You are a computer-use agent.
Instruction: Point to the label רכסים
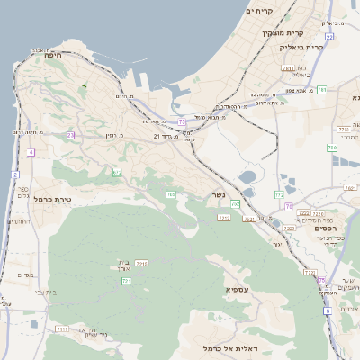click(325, 229)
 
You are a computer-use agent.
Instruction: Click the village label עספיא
click(238, 292)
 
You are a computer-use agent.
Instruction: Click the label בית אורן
click(123, 265)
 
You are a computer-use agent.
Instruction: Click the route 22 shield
click(330, 37)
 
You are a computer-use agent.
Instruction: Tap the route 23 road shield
click(71, 135)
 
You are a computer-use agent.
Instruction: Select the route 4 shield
click(30, 153)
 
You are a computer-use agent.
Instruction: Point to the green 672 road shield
click(117, 172)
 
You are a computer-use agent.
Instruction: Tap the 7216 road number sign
click(141, 263)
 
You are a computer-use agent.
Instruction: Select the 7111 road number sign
click(62, 330)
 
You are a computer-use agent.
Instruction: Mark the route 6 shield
click(328, 310)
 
